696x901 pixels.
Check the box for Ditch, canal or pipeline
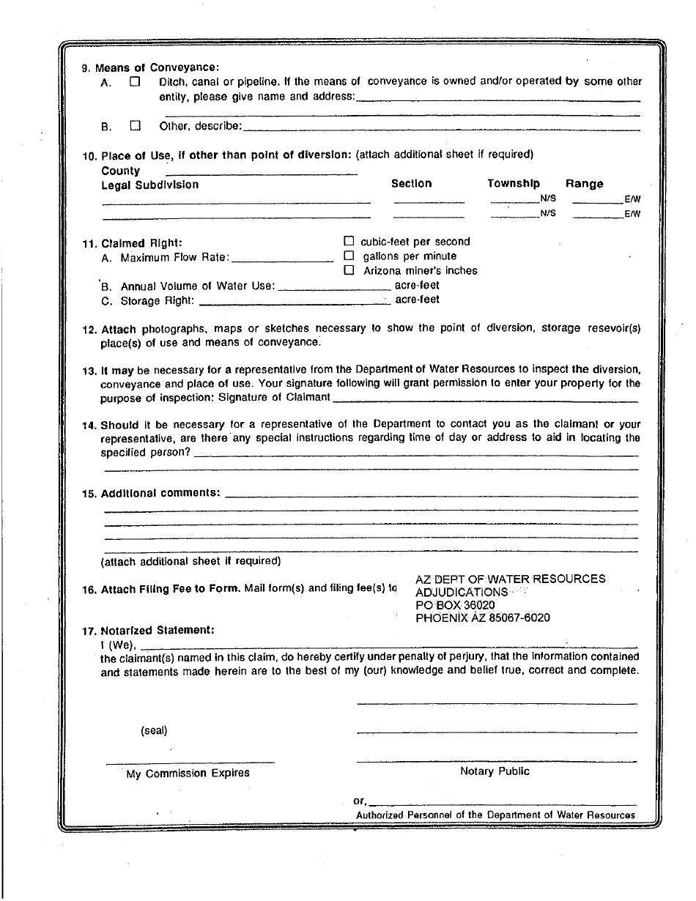134,82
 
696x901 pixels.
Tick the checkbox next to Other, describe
134,125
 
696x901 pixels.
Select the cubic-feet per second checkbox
349,241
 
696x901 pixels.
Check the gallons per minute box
349,256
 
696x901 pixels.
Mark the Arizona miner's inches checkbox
349,270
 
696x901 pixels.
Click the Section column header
411,184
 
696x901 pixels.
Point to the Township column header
514,184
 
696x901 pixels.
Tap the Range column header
584,184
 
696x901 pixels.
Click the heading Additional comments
160,493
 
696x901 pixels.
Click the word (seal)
154,730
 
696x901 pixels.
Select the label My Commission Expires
188,774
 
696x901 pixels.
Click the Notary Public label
495,771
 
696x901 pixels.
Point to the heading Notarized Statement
158,630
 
